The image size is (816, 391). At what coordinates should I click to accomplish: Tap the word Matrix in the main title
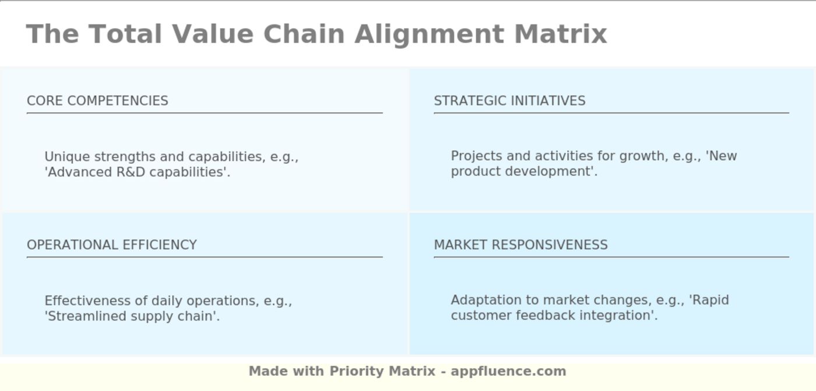pyautogui.click(x=561, y=34)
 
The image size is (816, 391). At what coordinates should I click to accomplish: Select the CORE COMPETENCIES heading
pyautogui.click(x=98, y=100)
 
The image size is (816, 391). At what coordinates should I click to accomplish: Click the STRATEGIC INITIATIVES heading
pyautogui.click(x=509, y=100)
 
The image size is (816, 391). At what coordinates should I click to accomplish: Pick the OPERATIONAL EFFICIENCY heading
pyautogui.click(x=112, y=245)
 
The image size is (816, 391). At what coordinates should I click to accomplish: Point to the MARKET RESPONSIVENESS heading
pyautogui.click(x=521, y=245)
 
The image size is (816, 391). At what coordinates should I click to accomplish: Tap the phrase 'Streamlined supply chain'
pyautogui.click(x=131, y=316)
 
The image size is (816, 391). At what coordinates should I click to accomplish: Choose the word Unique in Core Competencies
pyautogui.click(x=68, y=157)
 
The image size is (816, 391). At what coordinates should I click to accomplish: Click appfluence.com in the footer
pyautogui.click(x=508, y=371)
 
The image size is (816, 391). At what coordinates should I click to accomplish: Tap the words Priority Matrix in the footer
pyautogui.click(x=382, y=371)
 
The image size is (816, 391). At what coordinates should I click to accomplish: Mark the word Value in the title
pyautogui.click(x=213, y=34)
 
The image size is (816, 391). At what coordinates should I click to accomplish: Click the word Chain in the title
pyautogui.click(x=304, y=34)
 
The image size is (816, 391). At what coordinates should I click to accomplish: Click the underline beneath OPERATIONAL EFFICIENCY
pyautogui.click(x=205, y=257)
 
